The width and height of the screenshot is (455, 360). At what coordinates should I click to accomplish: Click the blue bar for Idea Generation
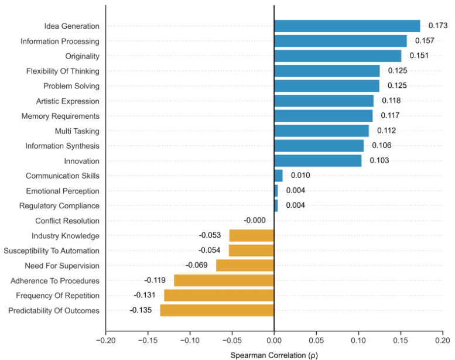click(x=347, y=26)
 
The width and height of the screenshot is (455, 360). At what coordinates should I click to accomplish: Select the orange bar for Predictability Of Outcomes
click(x=217, y=310)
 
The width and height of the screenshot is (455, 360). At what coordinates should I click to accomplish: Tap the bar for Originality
click(x=337, y=56)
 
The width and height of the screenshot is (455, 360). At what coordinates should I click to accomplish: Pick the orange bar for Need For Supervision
click(x=245, y=265)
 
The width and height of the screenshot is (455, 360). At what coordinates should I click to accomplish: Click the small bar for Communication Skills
click(x=278, y=176)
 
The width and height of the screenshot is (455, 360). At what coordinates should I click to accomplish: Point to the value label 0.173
click(x=438, y=26)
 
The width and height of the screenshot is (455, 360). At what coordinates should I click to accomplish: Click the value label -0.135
click(x=141, y=310)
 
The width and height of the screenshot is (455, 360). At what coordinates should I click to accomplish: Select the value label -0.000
click(x=254, y=221)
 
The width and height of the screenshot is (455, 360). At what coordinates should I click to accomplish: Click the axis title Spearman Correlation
click(x=274, y=355)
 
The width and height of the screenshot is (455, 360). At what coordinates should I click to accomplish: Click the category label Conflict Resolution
click(x=67, y=221)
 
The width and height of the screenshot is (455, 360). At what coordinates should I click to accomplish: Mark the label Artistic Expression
click(x=68, y=101)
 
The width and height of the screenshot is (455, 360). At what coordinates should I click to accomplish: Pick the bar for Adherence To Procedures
click(x=224, y=280)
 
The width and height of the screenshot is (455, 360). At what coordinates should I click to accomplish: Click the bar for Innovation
click(x=317, y=160)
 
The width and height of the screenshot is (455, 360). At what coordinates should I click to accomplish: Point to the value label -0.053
click(x=210, y=235)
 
